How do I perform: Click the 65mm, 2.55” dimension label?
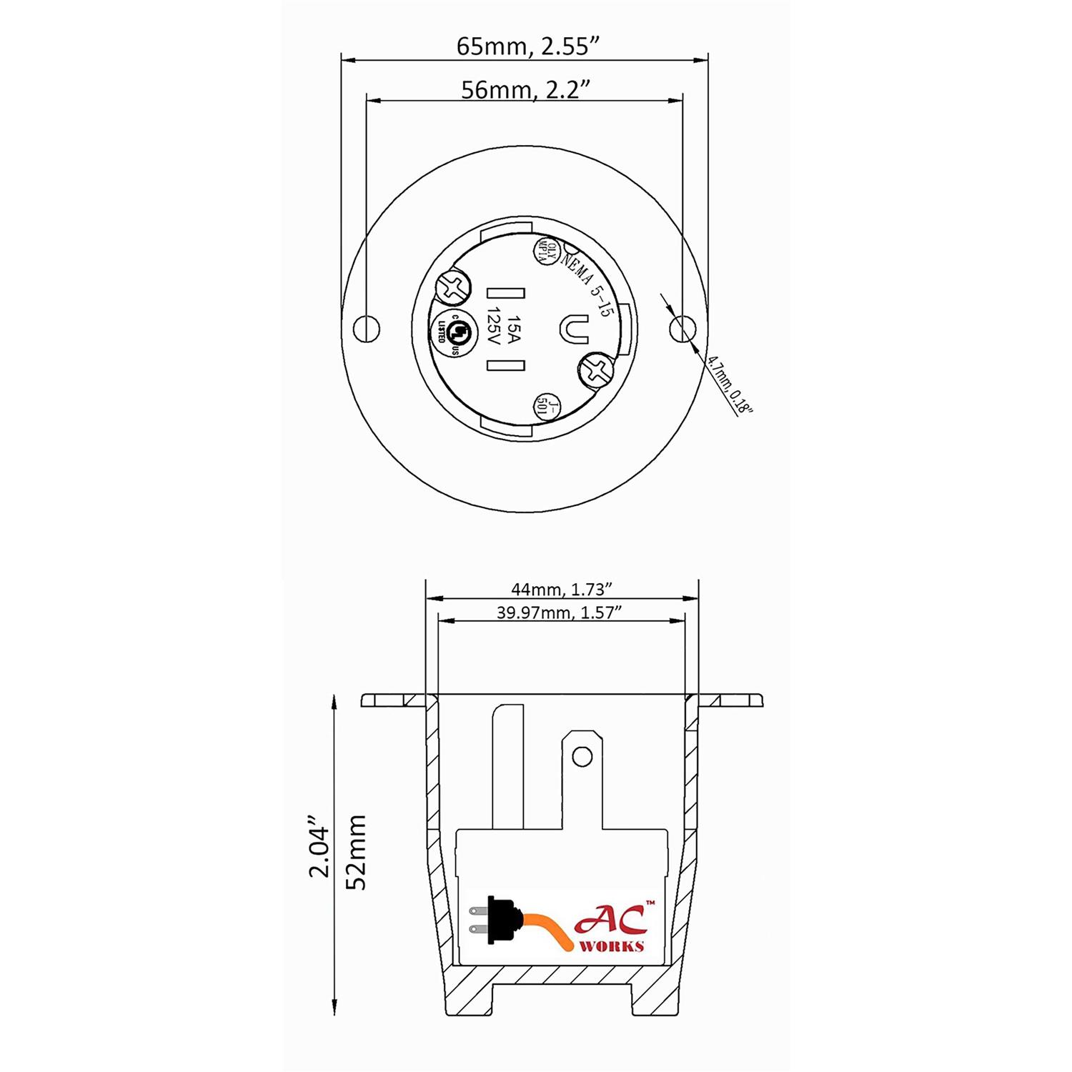click(527, 46)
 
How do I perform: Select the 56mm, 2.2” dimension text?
click(525, 90)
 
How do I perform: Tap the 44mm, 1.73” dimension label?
click(562, 589)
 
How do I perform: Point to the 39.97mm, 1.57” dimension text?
click(559, 612)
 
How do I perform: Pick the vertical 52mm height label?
click(355, 852)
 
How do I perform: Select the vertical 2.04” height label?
click(319, 852)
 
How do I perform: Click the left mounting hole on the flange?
click(367, 329)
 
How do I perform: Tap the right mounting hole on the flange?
click(683, 329)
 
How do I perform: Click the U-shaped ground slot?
click(574, 329)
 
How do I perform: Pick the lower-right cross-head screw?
click(596, 370)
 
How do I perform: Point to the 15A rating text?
click(513, 329)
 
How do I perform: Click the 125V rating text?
click(493, 329)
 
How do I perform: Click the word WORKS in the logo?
click(611, 946)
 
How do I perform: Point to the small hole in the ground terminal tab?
click(583, 755)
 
